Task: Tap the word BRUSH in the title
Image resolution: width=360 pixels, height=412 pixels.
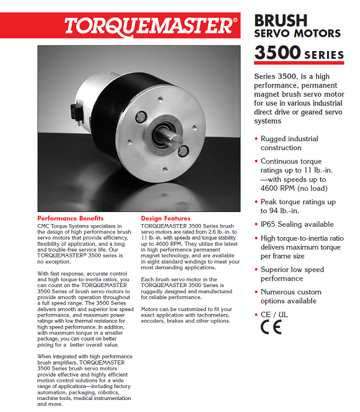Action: tap(281, 20)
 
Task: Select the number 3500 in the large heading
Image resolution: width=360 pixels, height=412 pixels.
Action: tap(277, 53)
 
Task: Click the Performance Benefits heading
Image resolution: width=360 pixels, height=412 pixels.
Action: tap(70, 218)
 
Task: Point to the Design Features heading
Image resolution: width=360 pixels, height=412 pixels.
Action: tap(166, 218)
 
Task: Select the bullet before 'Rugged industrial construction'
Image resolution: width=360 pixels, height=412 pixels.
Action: tap(256, 139)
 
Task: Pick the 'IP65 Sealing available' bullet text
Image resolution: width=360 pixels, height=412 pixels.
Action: tap(297, 224)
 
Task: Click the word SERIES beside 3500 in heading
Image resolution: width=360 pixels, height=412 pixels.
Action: tap(324, 55)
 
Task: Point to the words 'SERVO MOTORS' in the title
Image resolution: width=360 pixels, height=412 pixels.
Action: tap(298, 34)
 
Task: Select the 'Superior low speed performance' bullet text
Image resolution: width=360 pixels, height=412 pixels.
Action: tap(292, 274)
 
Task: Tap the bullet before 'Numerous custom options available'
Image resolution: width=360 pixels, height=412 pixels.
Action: tap(256, 292)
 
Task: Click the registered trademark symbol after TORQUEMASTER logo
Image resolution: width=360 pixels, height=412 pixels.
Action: tap(235, 20)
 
